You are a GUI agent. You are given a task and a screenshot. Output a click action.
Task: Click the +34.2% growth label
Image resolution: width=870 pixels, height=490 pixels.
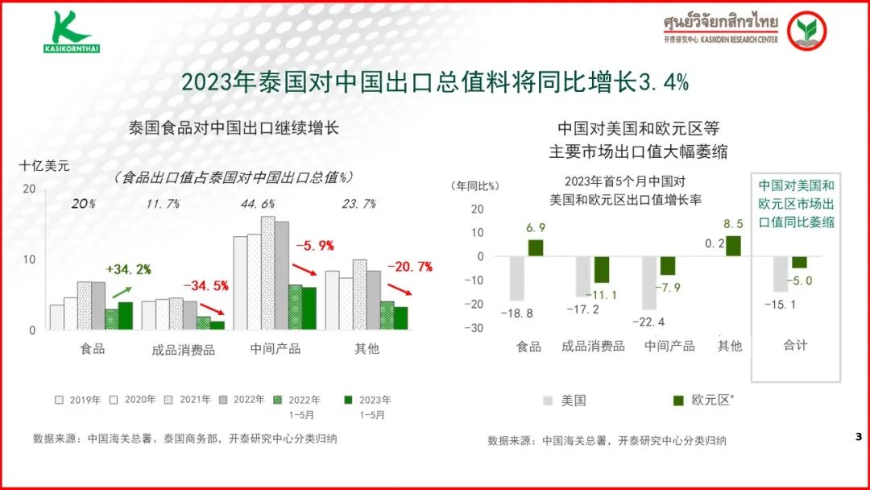point(129,269)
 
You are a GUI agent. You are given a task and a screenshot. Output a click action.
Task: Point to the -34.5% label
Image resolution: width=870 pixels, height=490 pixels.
point(205,285)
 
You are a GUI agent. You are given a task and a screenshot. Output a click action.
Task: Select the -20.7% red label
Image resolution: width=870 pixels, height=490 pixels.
point(410,266)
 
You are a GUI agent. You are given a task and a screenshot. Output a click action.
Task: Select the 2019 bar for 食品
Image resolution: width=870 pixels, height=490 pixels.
point(56,317)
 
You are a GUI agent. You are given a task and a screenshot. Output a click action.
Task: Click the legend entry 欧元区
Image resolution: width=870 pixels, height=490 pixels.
point(700,400)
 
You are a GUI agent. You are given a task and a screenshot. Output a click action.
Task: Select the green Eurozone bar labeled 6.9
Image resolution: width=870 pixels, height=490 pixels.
point(536,247)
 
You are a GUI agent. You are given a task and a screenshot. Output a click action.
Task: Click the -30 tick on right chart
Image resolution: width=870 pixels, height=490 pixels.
point(475,328)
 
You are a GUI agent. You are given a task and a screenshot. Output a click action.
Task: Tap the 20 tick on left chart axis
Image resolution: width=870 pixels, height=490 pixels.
point(30,189)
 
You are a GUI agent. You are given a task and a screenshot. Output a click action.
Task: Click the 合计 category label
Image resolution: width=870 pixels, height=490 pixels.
point(795,345)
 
